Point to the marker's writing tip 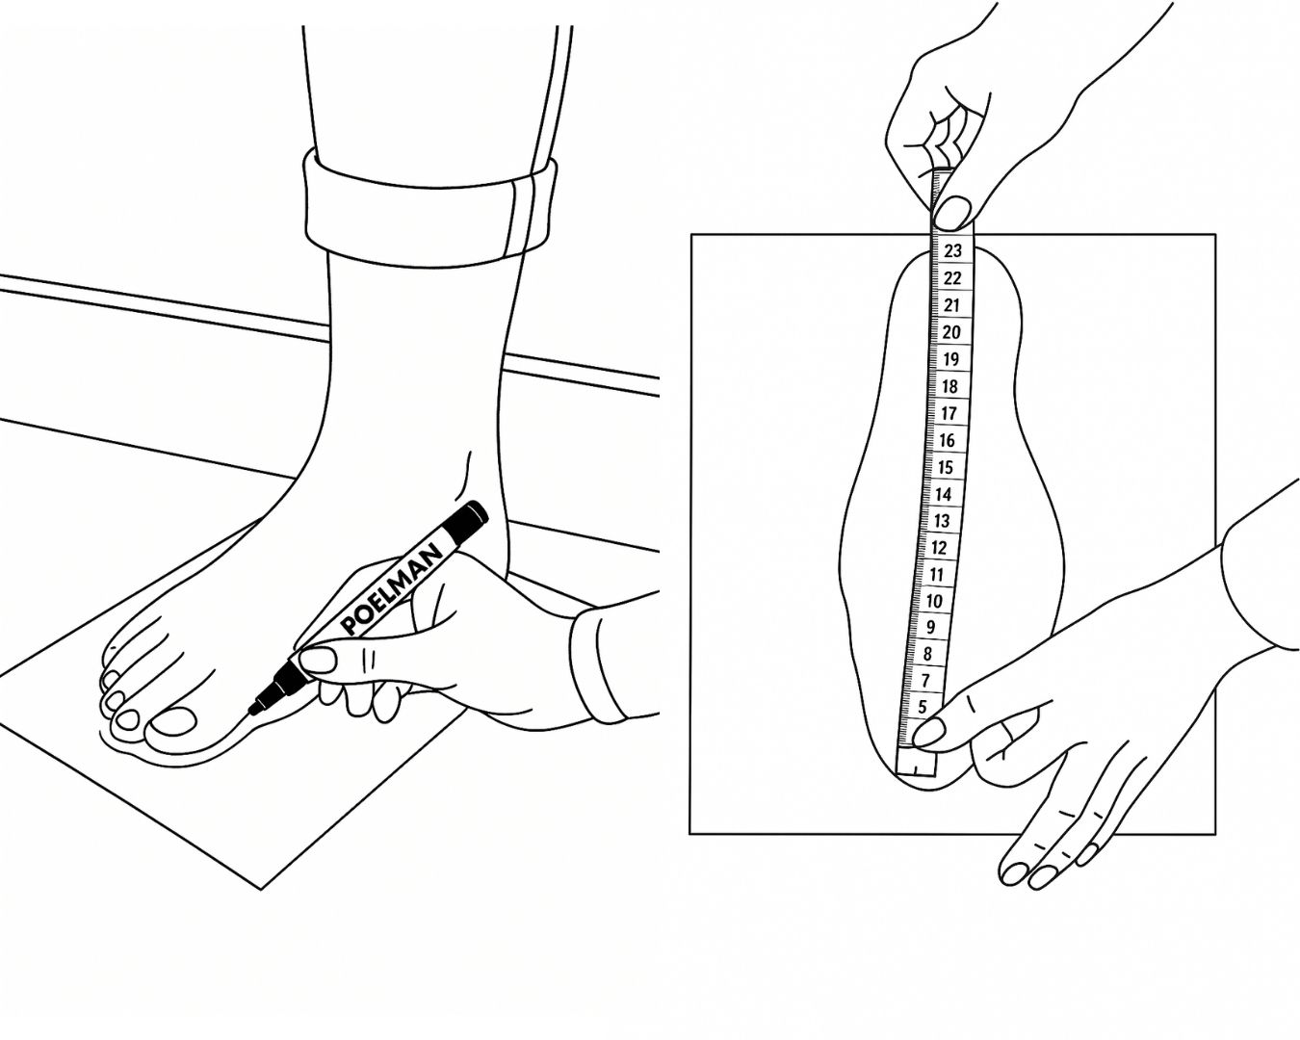(x=250, y=713)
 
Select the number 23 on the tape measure (x=952, y=250)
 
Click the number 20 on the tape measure (x=951, y=332)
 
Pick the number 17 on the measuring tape (x=949, y=413)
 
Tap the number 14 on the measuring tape (x=943, y=494)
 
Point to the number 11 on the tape (x=936, y=575)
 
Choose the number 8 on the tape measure (x=928, y=653)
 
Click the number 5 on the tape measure (x=922, y=706)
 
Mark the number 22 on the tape (x=952, y=278)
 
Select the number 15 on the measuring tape (x=946, y=467)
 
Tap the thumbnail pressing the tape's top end (x=953, y=213)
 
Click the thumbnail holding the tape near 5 (x=929, y=733)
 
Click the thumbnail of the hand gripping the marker (x=317, y=660)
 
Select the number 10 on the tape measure (x=934, y=601)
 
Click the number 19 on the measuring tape (x=950, y=359)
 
